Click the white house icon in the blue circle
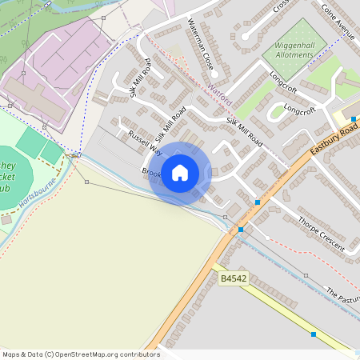point(180,172)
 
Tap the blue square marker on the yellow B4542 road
point(314,334)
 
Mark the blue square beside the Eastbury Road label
point(353,118)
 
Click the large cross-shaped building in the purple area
point(36,98)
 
